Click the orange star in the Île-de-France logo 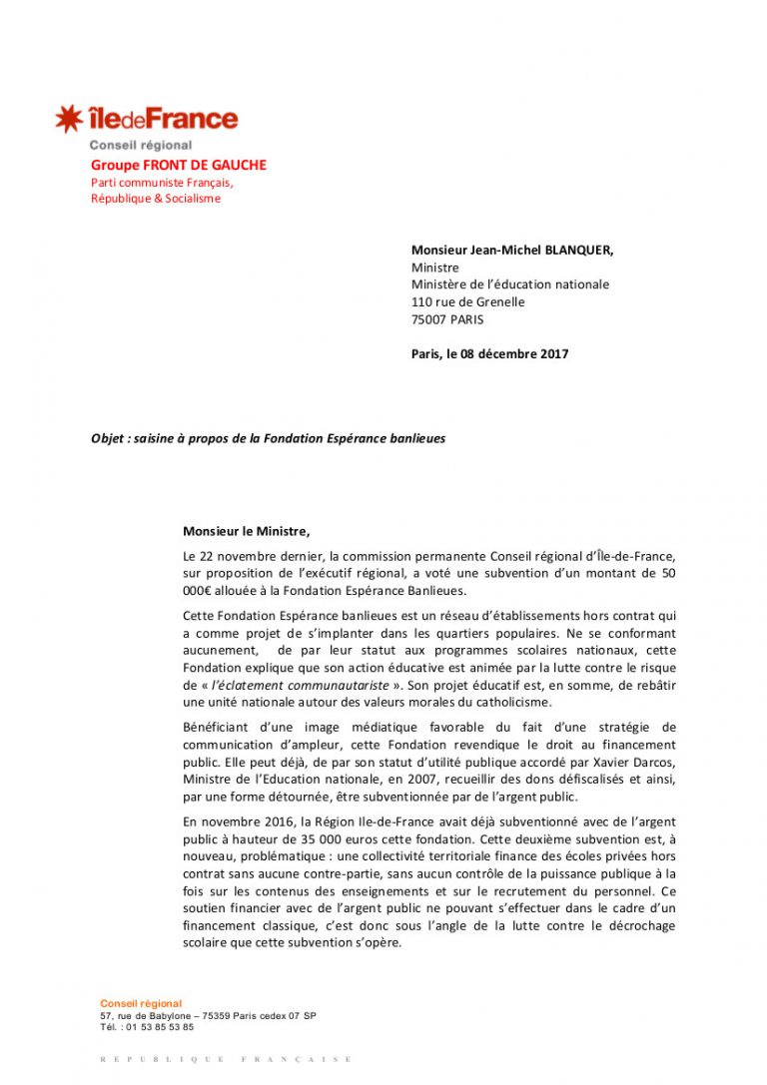(69, 120)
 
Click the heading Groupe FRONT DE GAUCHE (179, 165)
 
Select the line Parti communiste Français (162, 183)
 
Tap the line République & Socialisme (156, 199)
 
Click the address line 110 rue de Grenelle (467, 301)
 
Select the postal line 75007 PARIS (447, 319)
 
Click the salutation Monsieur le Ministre (240, 531)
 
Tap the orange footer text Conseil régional (141, 1003)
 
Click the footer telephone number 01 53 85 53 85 (157, 1026)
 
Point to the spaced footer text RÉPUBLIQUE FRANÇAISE (227, 1059)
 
